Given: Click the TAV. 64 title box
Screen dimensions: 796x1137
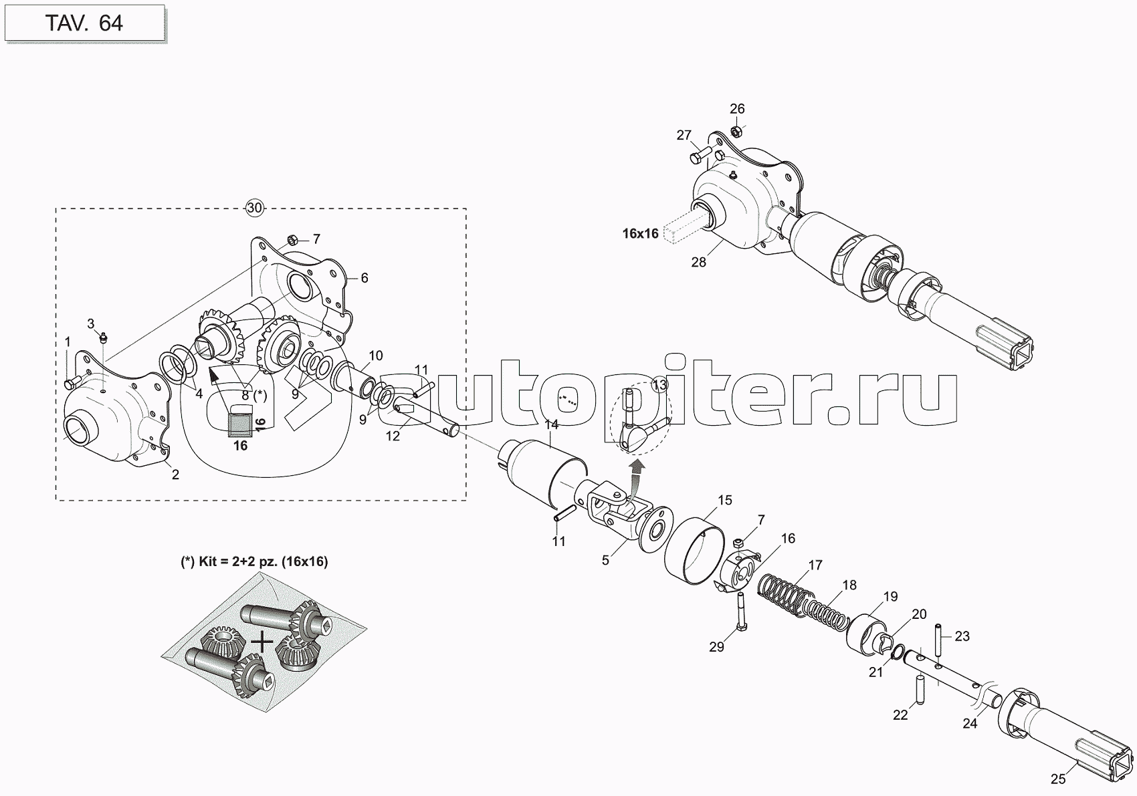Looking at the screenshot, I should pyautogui.click(x=84, y=23).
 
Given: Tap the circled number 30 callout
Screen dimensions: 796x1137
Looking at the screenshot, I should pyautogui.click(x=254, y=208).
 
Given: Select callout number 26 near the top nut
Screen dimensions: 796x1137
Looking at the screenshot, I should pyautogui.click(x=736, y=108).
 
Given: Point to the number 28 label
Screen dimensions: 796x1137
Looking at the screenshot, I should pyautogui.click(x=698, y=262).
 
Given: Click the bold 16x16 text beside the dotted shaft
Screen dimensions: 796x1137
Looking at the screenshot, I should pyautogui.click(x=640, y=233).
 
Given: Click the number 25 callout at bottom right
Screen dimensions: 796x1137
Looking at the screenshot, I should pyautogui.click(x=1057, y=779).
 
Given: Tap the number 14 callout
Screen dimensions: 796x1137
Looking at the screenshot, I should pyautogui.click(x=551, y=424).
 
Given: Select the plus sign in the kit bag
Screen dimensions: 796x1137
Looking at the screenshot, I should pyautogui.click(x=264, y=642).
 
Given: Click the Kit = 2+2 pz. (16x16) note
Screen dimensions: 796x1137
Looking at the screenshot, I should pyautogui.click(x=254, y=562).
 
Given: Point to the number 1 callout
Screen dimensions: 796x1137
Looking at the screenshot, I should pyautogui.click(x=67, y=342).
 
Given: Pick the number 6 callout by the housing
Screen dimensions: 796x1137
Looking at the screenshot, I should pyautogui.click(x=365, y=278).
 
